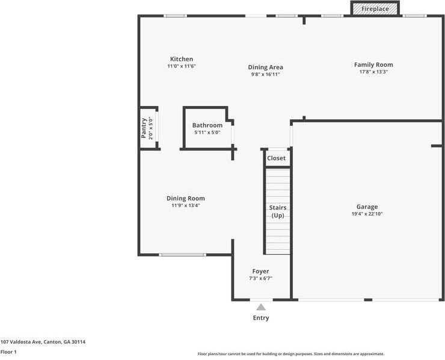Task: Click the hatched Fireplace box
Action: pyautogui.click(x=375, y=8)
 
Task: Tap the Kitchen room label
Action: pyautogui.click(x=182, y=59)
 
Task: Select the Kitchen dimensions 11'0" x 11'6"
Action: pyautogui.click(x=182, y=66)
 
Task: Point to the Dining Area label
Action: pyautogui.click(x=265, y=67)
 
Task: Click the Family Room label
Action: pyautogui.click(x=373, y=65)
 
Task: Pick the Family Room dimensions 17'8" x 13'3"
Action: pyautogui.click(x=373, y=72)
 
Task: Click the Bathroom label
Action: pyautogui.click(x=207, y=125)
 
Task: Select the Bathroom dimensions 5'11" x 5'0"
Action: pyautogui.click(x=207, y=132)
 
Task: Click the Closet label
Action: pyautogui.click(x=276, y=158)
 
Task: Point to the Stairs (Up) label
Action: pyautogui.click(x=278, y=212)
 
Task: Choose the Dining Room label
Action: pyautogui.click(x=186, y=198)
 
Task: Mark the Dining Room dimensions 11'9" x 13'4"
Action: pyautogui.click(x=186, y=205)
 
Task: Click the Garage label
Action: pyautogui.click(x=367, y=207)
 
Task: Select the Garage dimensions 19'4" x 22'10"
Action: pyautogui.click(x=367, y=214)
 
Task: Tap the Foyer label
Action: pyautogui.click(x=260, y=272)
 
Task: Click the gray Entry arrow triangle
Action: pyautogui.click(x=261, y=307)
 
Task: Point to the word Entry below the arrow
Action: pyautogui.click(x=261, y=318)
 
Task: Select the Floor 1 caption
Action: pyautogui.click(x=8, y=352)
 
